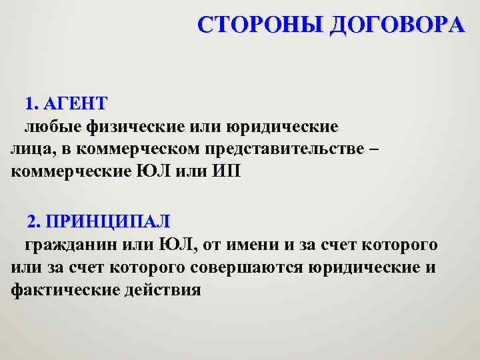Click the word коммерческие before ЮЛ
pos(73,171)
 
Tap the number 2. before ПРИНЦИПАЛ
pos(35,221)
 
